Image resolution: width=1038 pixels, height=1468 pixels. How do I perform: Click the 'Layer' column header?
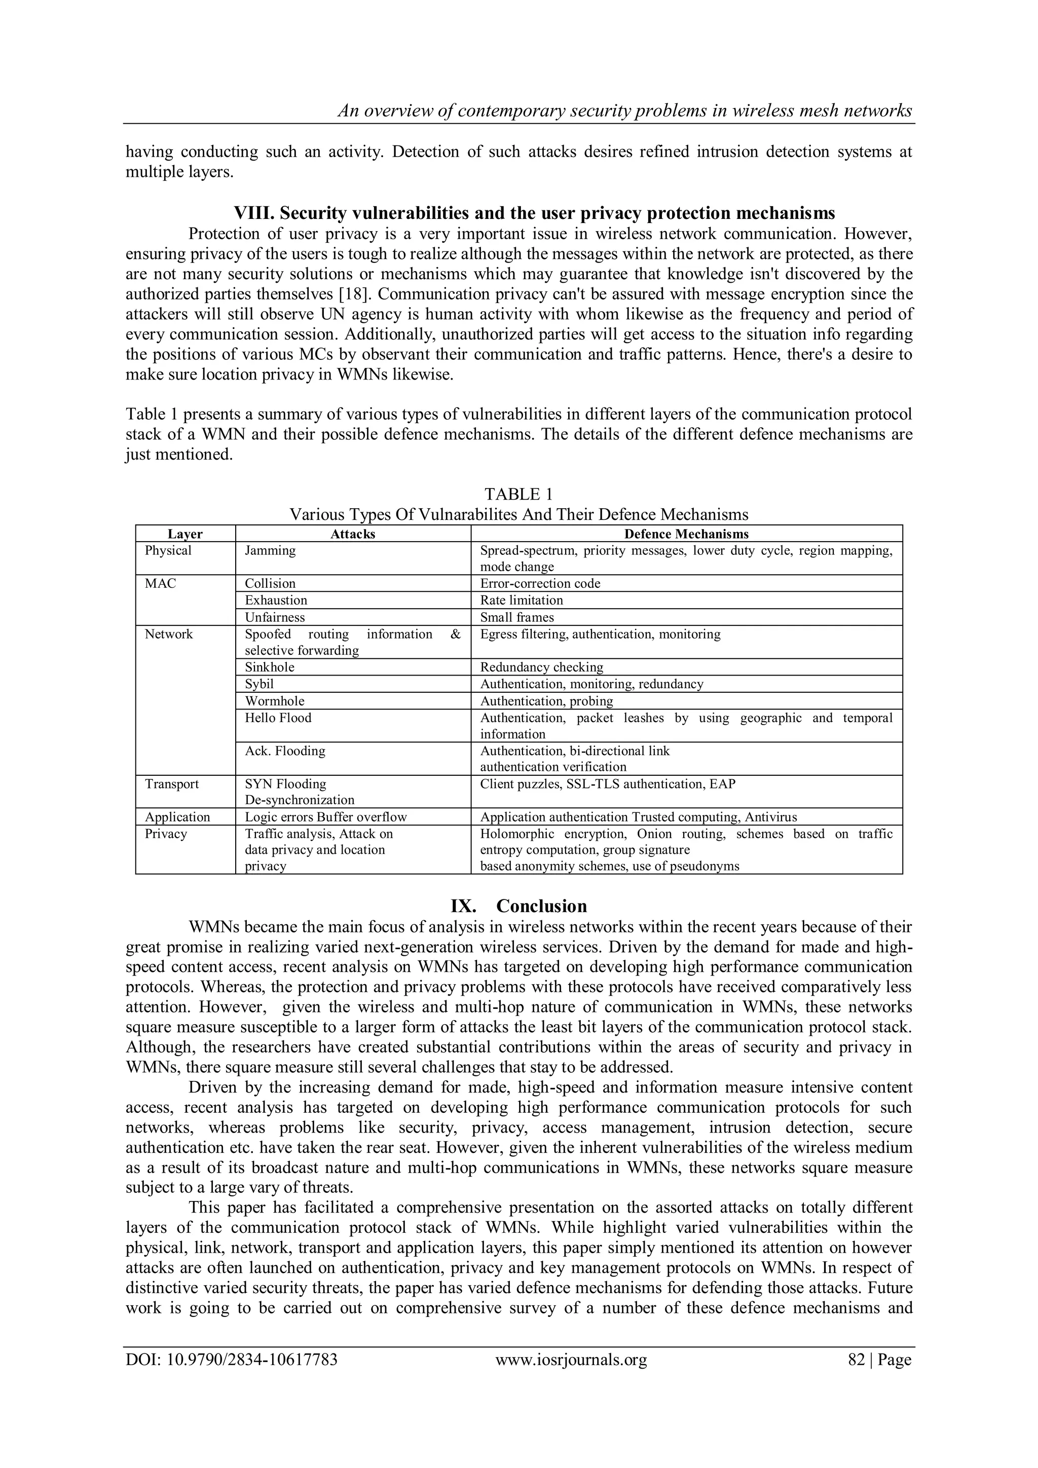point(185,534)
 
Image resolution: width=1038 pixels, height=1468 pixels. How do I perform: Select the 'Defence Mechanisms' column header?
point(686,534)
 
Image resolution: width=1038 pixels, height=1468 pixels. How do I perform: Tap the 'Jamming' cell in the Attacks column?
point(270,550)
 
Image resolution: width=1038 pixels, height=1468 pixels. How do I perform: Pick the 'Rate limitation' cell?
point(521,600)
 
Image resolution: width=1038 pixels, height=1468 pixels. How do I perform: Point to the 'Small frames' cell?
point(517,617)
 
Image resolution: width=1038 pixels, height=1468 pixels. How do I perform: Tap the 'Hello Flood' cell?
point(278,718)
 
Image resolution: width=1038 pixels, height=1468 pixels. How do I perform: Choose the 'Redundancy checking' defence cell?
point(541,667)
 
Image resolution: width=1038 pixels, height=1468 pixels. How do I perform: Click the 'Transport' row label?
point(171,784)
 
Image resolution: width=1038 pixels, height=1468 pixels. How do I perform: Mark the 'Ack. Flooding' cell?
point(285,750)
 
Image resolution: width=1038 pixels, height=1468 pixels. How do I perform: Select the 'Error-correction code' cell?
point(540,583)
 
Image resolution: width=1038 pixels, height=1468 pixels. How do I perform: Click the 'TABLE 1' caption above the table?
point(518,494)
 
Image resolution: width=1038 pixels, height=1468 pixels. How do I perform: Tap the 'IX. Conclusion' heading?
point(518,906)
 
